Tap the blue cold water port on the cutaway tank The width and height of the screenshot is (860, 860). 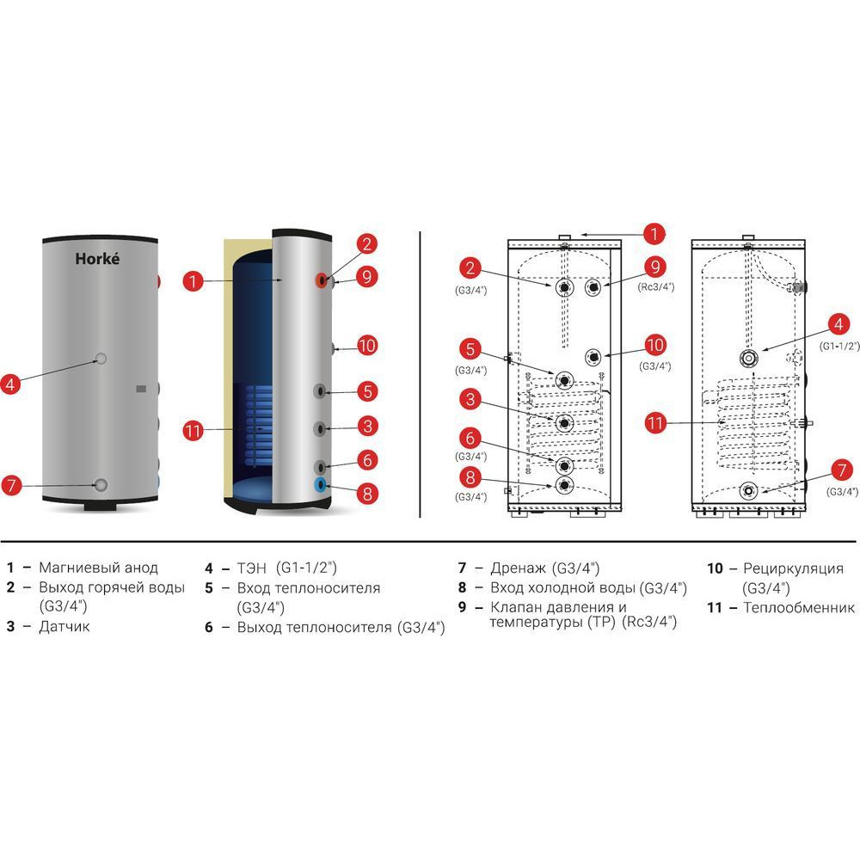point(322,484)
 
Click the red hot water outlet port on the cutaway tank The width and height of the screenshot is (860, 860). point(321,279)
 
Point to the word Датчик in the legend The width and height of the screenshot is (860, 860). point(64,626)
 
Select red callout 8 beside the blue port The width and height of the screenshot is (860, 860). point(366,494)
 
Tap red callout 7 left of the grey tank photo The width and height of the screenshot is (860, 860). point(11,485)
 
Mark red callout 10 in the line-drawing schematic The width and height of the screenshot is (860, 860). point(655,345)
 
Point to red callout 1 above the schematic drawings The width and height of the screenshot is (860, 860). point(654,232)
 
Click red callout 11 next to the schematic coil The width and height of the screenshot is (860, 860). point(656,422)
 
